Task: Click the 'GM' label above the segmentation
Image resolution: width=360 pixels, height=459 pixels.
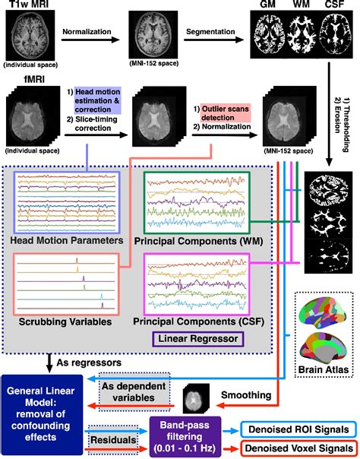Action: pyautogui.click(x=267, y=7)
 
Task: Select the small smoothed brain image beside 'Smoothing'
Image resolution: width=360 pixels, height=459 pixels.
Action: pyautogui.click(x=196, y=397)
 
